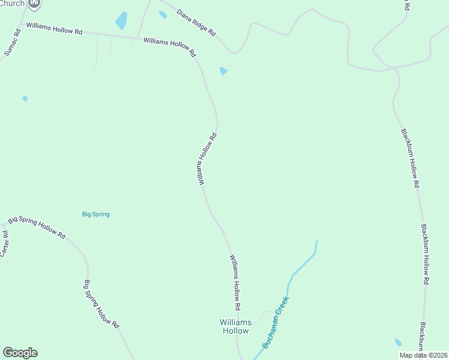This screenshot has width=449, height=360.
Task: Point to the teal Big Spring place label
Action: pos(96,214)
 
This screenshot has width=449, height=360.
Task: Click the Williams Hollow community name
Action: pos(235,326)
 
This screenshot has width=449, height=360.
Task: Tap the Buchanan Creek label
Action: pos(276,328)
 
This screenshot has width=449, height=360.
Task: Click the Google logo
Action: pos(20,353)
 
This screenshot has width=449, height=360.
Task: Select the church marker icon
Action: pos(35,4)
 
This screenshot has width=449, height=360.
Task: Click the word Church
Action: pos(12,4)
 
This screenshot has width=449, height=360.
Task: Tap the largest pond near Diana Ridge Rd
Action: pos(122,20)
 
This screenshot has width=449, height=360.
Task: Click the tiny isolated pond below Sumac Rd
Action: pos(25,98)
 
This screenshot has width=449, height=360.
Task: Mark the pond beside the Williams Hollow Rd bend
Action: pos(224,71)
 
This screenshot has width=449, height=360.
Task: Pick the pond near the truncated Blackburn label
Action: pos(399,343)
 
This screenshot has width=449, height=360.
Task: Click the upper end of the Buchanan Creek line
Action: pos(316,242)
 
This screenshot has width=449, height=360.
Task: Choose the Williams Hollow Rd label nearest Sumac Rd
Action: pos(54,29)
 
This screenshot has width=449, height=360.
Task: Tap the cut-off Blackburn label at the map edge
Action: pos(423,337)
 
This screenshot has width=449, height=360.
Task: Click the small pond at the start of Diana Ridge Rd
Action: pos(163,15)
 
